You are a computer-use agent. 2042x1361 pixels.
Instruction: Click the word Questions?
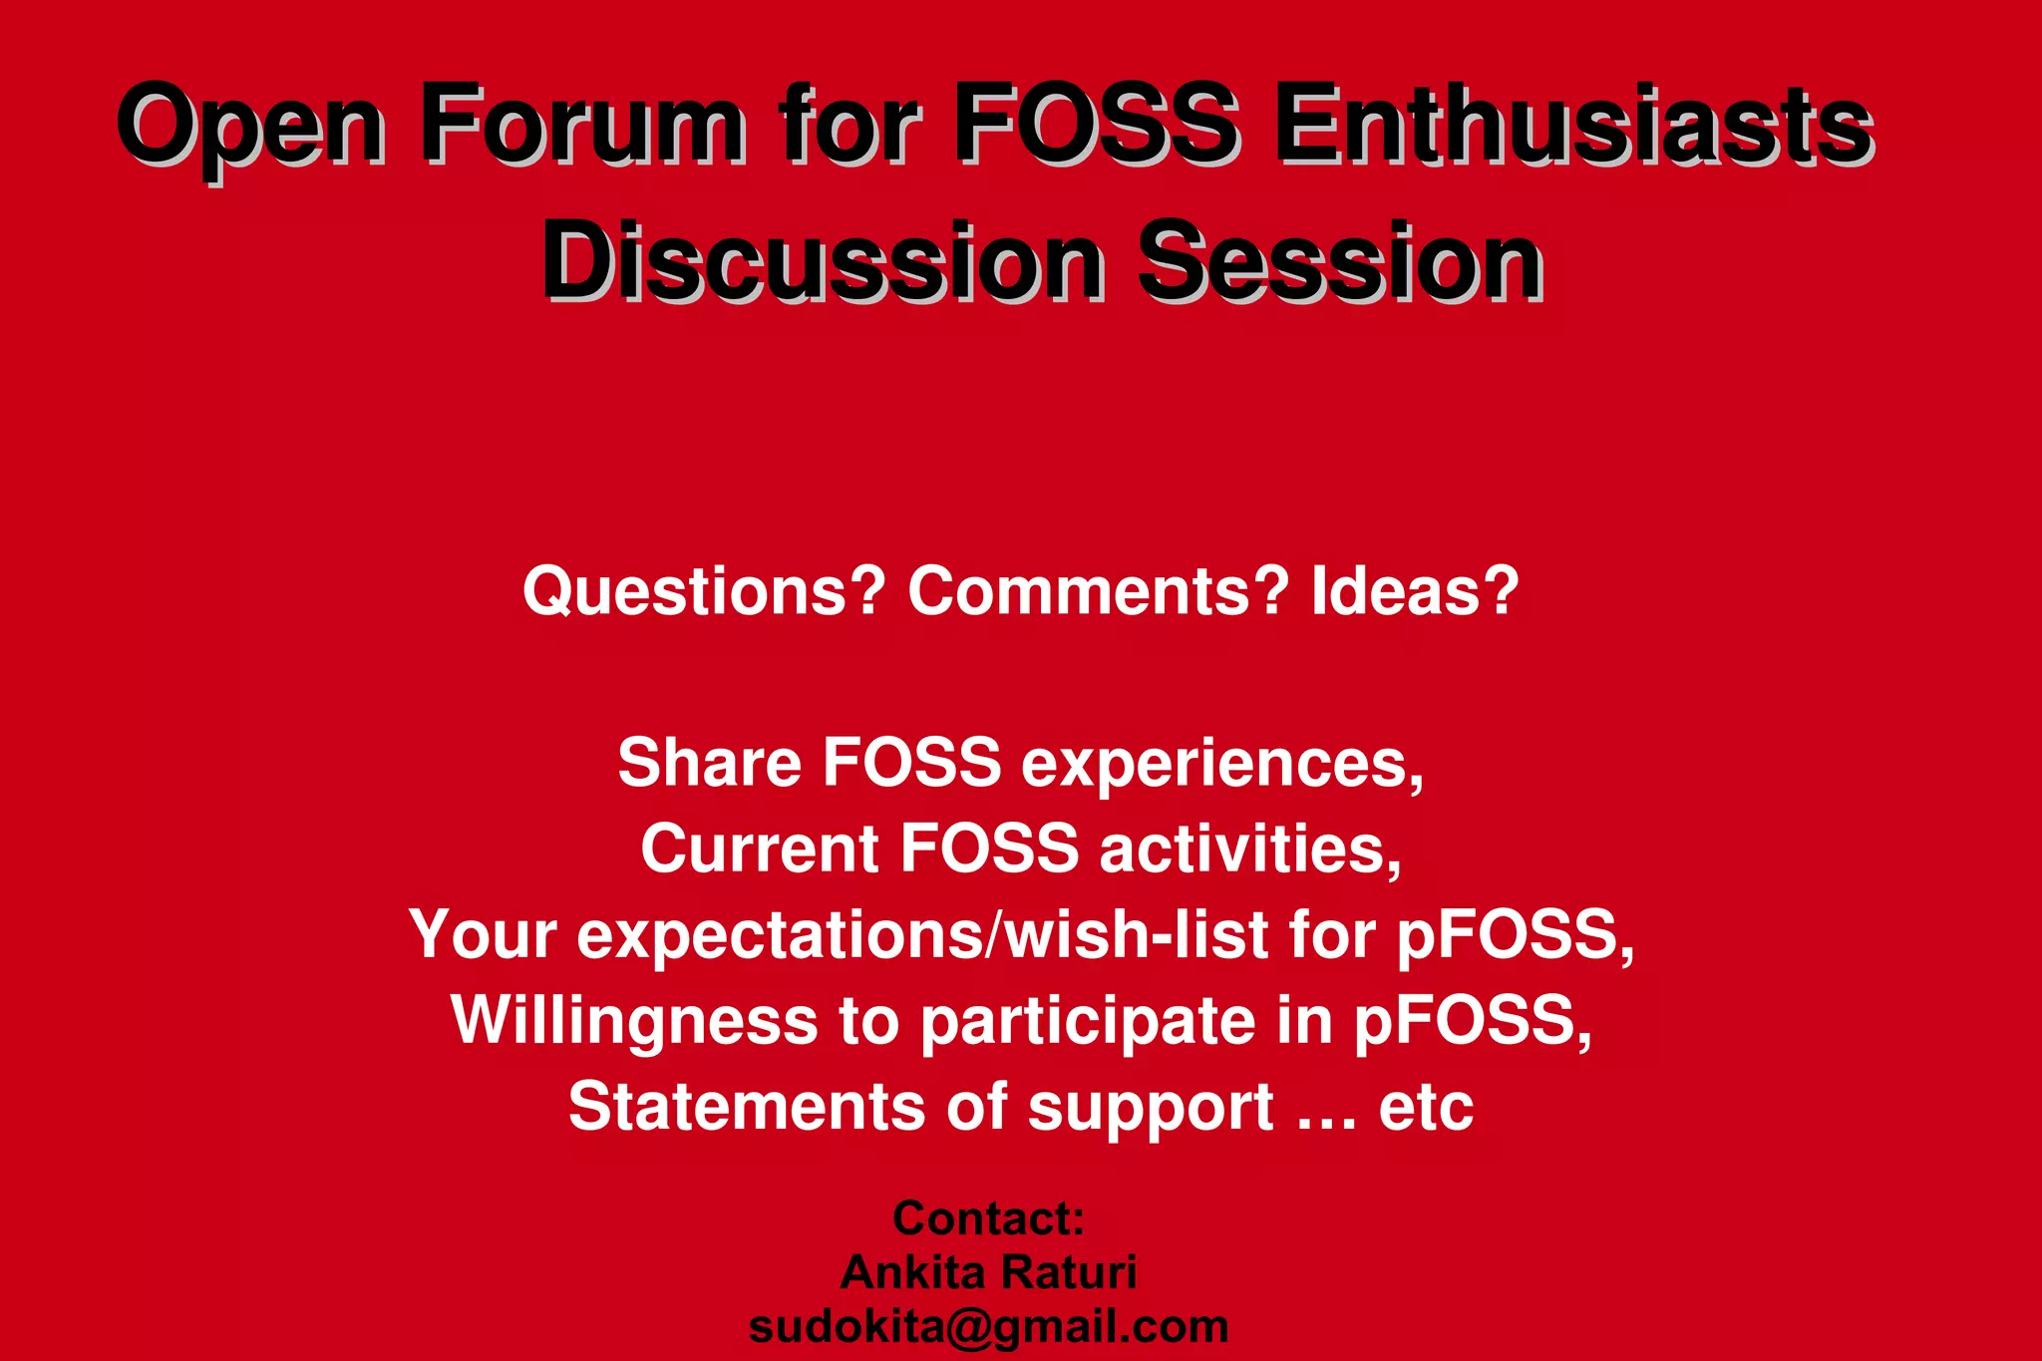pyautogui.click(x=704, y=591)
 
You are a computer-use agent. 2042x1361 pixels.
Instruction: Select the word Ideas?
pyautogui.click(x=1415, y=591)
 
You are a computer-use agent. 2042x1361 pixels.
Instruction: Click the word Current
pyautogui.click(x=759, y=850)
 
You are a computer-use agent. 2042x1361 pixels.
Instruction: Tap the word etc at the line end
pyautogui.click(x=1426, y=1108)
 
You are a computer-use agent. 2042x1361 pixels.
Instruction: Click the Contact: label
pyautogui.click(x=988, y=1218)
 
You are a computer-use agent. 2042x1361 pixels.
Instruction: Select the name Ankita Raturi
pyautogui.click(x=988, y=1272)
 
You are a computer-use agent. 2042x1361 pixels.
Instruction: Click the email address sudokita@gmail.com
pyautogui.click(x=988, y=1327)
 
